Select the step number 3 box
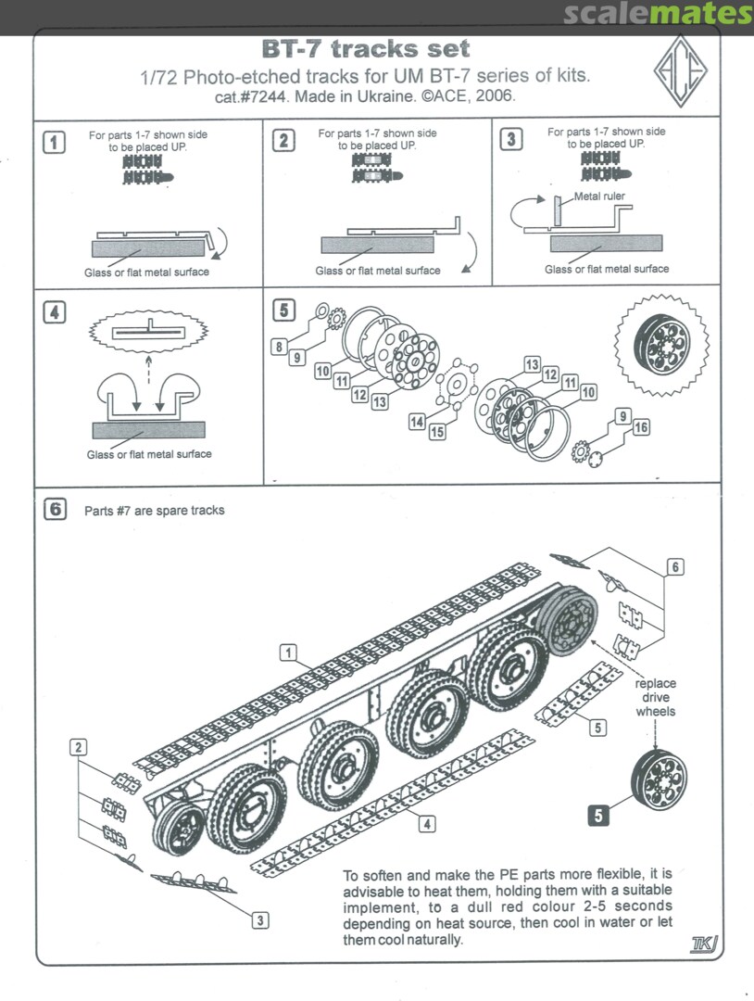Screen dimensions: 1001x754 click(510, 140)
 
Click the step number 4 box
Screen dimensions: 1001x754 click(56, 312)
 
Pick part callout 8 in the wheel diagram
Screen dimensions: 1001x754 click(278, 347)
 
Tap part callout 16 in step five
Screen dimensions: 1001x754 click(641, 426)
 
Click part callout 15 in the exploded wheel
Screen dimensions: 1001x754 click(436, 432)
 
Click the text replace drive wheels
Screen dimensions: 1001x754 click(657, 697)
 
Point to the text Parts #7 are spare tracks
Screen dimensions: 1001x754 click(155, 511)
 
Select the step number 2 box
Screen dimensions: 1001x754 click(283, 141)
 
